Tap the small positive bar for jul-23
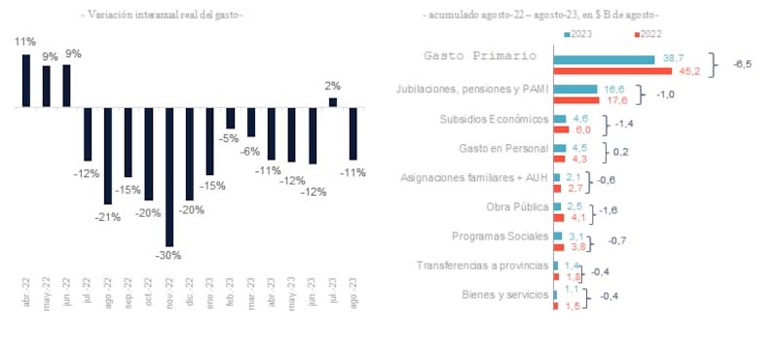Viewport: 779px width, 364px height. click(332, 101)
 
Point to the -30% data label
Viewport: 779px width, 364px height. click(169, 256)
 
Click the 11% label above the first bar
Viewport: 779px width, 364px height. click(25, 42)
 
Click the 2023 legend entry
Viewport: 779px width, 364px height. click(582, 34)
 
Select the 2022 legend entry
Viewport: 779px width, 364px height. click(650, 34)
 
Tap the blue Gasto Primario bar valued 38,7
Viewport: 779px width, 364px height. click(603, 59)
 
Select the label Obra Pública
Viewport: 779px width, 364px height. click(516, 206)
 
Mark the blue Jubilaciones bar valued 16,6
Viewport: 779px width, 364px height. click(575, 90)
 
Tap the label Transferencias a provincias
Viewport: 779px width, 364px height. click(481, 266)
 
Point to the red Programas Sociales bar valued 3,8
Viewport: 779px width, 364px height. click(559, 247)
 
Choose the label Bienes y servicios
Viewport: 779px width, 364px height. click(503, 295)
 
